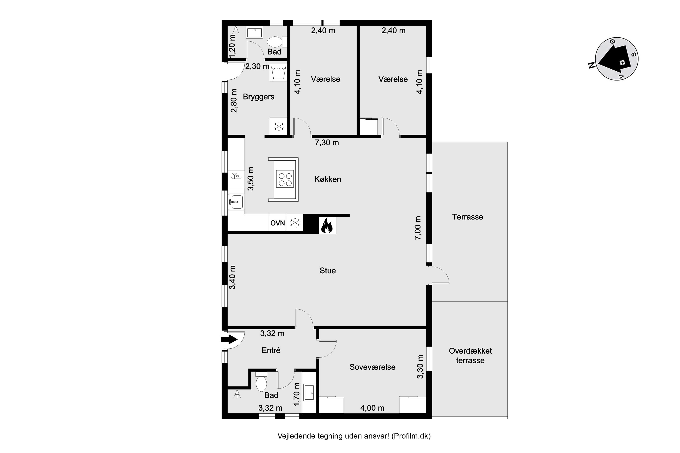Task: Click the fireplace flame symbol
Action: (327, 225)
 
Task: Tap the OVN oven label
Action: (277, 223)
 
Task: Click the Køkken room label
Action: (328, 179)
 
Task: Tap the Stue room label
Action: (328, 271)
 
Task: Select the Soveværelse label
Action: (372, 367)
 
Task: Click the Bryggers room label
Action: (258, 97)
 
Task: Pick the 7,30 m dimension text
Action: (327, 142)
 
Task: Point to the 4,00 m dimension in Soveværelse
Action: (372, 408)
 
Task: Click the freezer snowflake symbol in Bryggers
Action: (278, 126)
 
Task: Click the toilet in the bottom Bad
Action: (261, 383)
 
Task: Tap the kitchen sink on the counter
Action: (237, 202)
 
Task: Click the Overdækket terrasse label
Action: (470, 356)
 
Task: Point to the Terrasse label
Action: (467, 217)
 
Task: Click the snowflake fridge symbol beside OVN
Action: (295, 223)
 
